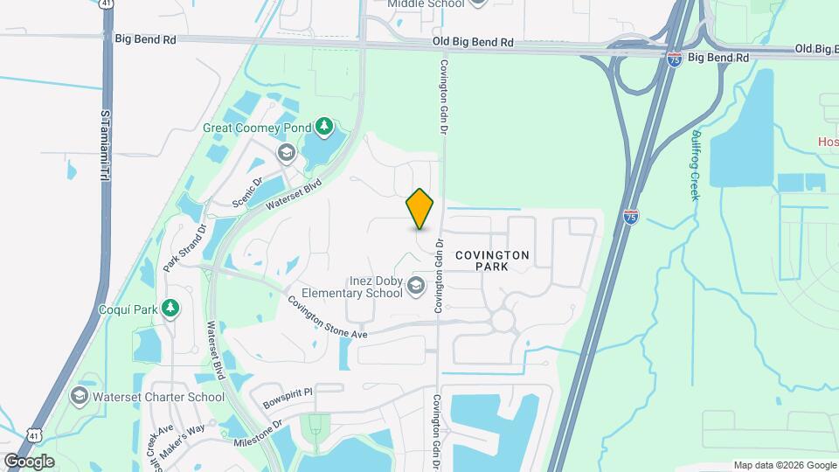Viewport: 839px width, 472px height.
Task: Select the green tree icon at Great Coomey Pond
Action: tap(324, 128)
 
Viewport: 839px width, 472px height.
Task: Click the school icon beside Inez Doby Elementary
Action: tap(416, 285)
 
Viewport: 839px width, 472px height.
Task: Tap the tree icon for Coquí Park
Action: tap(171, 308)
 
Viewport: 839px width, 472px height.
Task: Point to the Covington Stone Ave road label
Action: tap(328, 317)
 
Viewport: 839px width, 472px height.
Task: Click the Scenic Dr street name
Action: tap(247, 193)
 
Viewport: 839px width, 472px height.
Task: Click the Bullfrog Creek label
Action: tap(695, 165)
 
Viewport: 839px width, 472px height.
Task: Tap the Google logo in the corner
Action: tap(29, 461)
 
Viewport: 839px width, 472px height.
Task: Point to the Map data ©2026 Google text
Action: tap(784, 465)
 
